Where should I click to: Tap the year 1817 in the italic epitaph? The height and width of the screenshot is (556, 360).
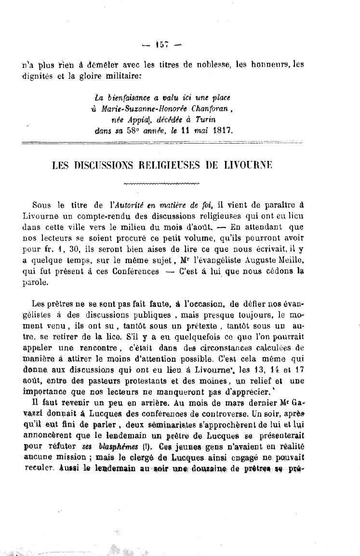(222, 130)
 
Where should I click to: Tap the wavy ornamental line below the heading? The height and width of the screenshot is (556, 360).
(161, 184)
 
